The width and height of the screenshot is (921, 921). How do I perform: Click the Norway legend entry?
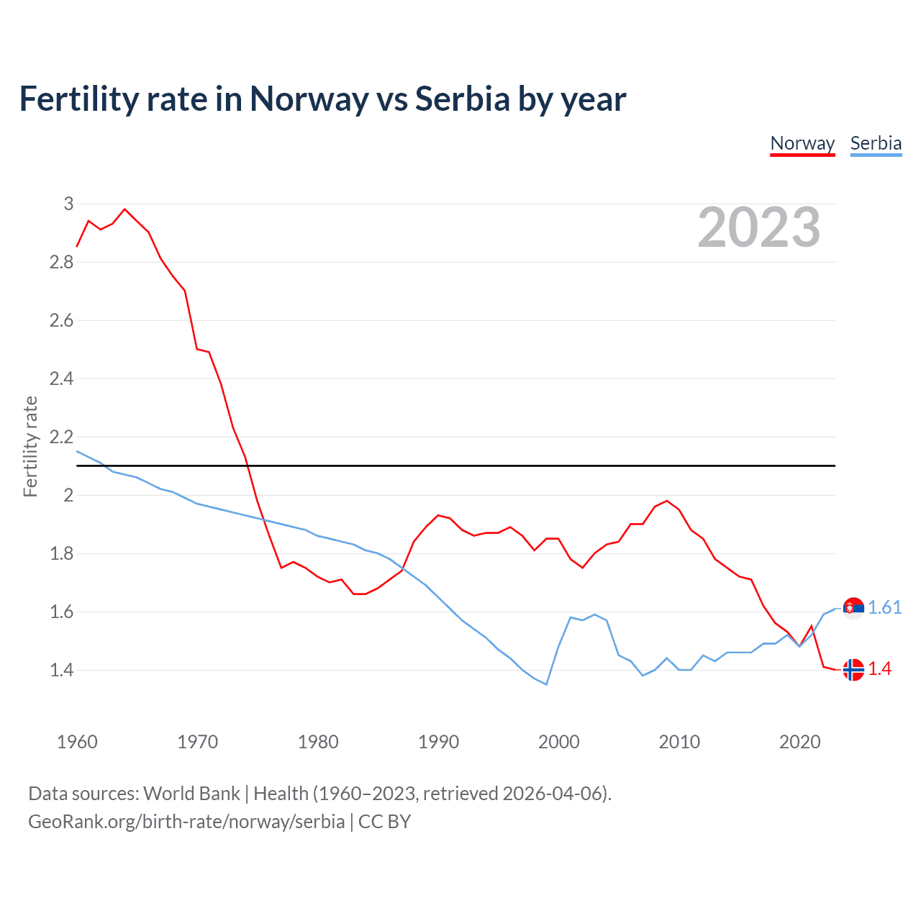[x=802, y=143]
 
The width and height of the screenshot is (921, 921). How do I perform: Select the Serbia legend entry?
[x=876, y=143]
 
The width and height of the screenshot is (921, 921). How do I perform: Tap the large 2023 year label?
[x=759, y=227]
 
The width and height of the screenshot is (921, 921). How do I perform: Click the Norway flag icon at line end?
[x=853, y=669]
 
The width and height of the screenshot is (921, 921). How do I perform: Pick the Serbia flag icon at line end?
[x=853, y=608]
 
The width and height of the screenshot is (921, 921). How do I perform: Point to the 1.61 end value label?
[x=884, y=607]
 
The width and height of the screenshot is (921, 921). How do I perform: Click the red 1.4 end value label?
[x=879, y=668]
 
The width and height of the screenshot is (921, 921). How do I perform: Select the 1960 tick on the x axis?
[x=77, y=742]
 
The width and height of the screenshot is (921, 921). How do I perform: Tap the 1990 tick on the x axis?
[x=438, y=742]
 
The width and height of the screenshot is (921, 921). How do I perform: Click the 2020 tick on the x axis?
[x=799, y=742]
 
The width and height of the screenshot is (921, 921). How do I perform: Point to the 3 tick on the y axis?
[x=68, y=204]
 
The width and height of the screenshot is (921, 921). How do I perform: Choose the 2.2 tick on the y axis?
[x=62, y=437]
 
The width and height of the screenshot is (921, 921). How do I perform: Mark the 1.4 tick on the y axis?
[x=62, y=670]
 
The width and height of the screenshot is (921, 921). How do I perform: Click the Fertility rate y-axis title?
[x=30, y=446]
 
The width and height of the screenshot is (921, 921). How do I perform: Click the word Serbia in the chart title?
[x=463, y=99]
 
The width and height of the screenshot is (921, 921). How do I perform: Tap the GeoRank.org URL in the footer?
[x=186, y=822]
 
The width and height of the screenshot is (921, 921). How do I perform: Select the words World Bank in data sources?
[x=191, y=793]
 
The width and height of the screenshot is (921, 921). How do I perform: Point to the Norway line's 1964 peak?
[x=125, y=209]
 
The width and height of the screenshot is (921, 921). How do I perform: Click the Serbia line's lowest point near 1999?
[x=546, y=684]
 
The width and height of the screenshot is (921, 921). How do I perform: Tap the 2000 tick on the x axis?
[x=558, y=742]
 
